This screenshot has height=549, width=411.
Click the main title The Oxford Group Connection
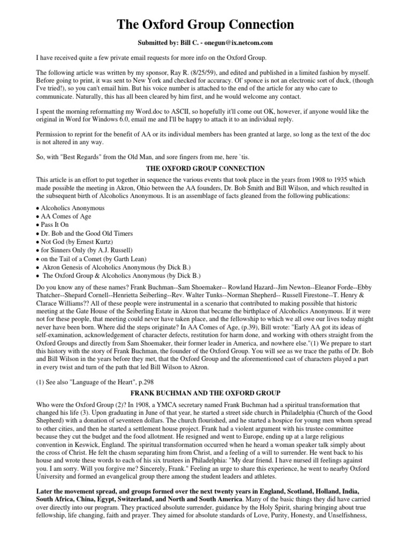point(205,24)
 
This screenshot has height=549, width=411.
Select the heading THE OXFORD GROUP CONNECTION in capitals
point(205,168)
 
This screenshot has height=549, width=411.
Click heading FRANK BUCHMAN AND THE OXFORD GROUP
point(205,394)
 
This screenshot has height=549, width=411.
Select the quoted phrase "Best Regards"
point(75,156)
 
